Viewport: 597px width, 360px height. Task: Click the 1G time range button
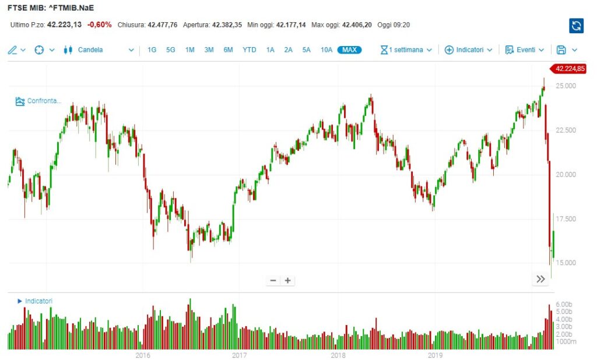[152, 50]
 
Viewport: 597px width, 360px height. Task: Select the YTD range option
[249, 50]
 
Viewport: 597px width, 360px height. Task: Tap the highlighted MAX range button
[349, 50]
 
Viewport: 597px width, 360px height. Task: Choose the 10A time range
[326, 50]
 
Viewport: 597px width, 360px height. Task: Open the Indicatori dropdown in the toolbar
[469, 50]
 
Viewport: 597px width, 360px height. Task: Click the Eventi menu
[525, 50]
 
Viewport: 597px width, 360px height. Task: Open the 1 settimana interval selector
[406, 50]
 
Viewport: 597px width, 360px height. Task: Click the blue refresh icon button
[576, 25]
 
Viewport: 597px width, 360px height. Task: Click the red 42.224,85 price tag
[570, 69]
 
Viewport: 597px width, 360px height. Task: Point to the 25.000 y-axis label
[566, 86]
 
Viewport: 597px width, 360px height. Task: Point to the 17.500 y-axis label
[566, 219]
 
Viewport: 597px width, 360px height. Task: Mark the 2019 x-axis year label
[434, 355]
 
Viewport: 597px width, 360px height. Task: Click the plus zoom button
[287, 280]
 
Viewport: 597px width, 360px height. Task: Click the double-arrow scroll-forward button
[540, 279]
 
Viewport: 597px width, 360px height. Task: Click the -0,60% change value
[100, 24]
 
